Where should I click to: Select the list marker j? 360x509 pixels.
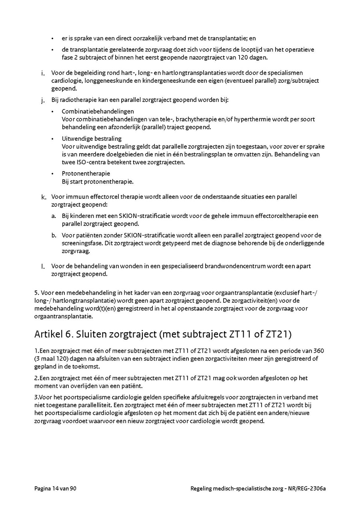pos(43,100)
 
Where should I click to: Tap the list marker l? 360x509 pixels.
pos(43,266)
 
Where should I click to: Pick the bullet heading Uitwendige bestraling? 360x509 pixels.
pos(92,138)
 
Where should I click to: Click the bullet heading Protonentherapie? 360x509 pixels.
pos(86,174)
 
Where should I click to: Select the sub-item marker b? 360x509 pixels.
pos(54,235)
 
